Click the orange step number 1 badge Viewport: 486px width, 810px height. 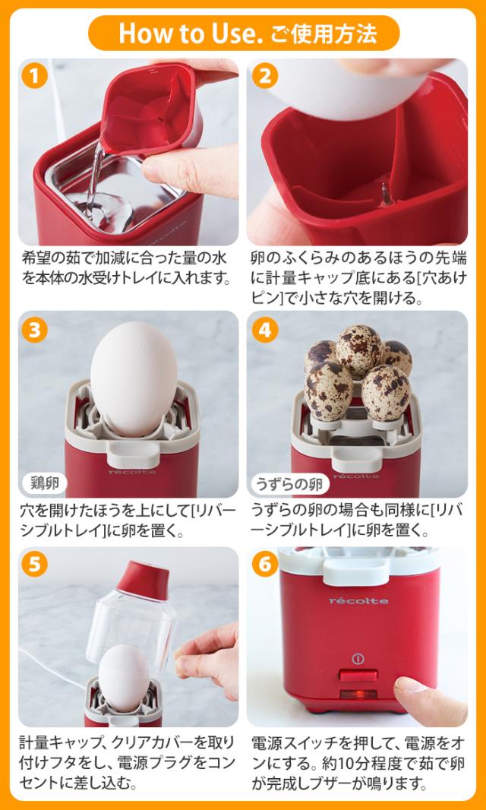coord(35,77)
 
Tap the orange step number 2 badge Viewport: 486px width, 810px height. coord(265,77)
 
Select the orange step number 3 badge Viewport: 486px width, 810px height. coord(35,330)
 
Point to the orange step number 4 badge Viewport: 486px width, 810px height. coord(265,330)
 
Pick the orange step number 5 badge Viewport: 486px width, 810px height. coord(35,565)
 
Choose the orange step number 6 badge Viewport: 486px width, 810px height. coord(265,565)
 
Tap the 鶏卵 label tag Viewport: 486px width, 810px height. coord(45,483)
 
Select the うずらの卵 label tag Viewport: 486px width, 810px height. coord(290,483)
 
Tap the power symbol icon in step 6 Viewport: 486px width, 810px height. coord(358,658)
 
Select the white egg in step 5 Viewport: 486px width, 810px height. coord(125,677)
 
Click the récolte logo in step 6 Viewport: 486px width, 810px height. coord(358,600)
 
